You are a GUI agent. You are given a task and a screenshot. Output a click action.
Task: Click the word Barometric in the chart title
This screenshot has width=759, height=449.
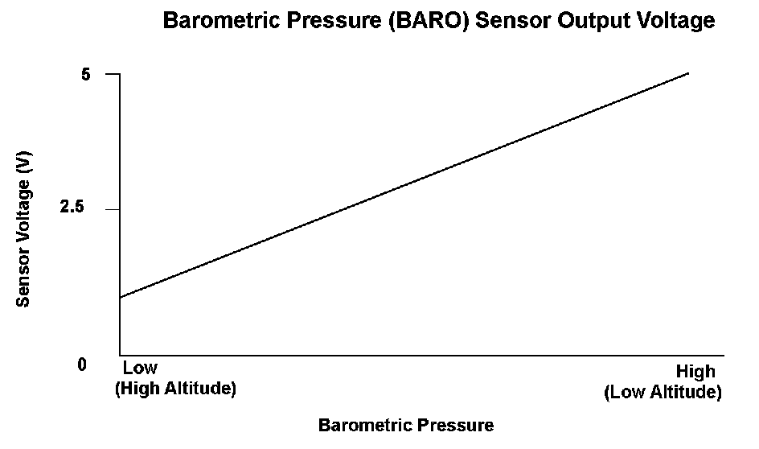point(221,21)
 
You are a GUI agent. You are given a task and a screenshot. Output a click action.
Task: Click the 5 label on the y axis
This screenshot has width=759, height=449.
point(86,75)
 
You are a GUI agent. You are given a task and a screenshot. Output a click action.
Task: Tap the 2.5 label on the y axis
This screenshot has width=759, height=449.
point(72,207)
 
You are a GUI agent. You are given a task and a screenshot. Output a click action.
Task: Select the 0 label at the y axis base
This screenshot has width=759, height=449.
point(82,365)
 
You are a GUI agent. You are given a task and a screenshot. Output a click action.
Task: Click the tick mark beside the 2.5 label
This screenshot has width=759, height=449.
point(113,209)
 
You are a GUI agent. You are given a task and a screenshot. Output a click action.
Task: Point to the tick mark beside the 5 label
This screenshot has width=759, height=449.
point(113,74)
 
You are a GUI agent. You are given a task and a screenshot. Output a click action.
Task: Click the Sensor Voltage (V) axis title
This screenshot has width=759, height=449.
point(23,229)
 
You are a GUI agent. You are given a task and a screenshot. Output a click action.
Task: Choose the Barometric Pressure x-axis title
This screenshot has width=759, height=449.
point(406,426)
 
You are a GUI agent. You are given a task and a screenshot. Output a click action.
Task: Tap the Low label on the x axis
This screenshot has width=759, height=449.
point(140,368)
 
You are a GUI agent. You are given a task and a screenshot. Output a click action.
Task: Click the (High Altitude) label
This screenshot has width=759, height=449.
point(176,389)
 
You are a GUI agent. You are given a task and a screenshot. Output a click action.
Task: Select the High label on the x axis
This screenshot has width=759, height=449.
point(695,372)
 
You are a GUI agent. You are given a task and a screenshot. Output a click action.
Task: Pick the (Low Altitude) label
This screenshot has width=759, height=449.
point(663,392)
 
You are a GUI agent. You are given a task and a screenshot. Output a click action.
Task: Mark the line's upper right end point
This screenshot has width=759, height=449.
point(688,73)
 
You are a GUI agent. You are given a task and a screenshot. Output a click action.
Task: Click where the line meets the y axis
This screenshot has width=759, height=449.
point(120,298)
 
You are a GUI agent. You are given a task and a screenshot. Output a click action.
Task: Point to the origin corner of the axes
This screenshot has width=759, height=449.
point(120,355)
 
